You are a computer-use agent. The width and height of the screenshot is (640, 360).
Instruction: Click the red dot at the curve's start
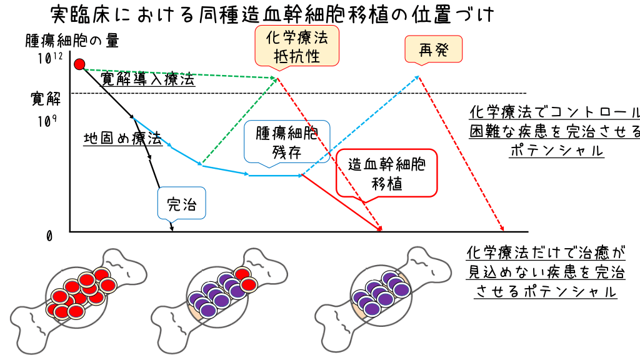coord(79,64)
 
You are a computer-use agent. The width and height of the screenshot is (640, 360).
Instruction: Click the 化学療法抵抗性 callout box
coord(297,46)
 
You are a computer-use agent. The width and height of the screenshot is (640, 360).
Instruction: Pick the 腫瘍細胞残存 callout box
coord(287,143)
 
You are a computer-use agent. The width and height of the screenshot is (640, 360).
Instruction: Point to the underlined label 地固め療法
coord(122,138)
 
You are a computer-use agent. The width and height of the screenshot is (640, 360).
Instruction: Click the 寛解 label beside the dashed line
coord(46,97)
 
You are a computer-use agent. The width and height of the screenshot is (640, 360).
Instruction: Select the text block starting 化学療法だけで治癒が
coord(546,272)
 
